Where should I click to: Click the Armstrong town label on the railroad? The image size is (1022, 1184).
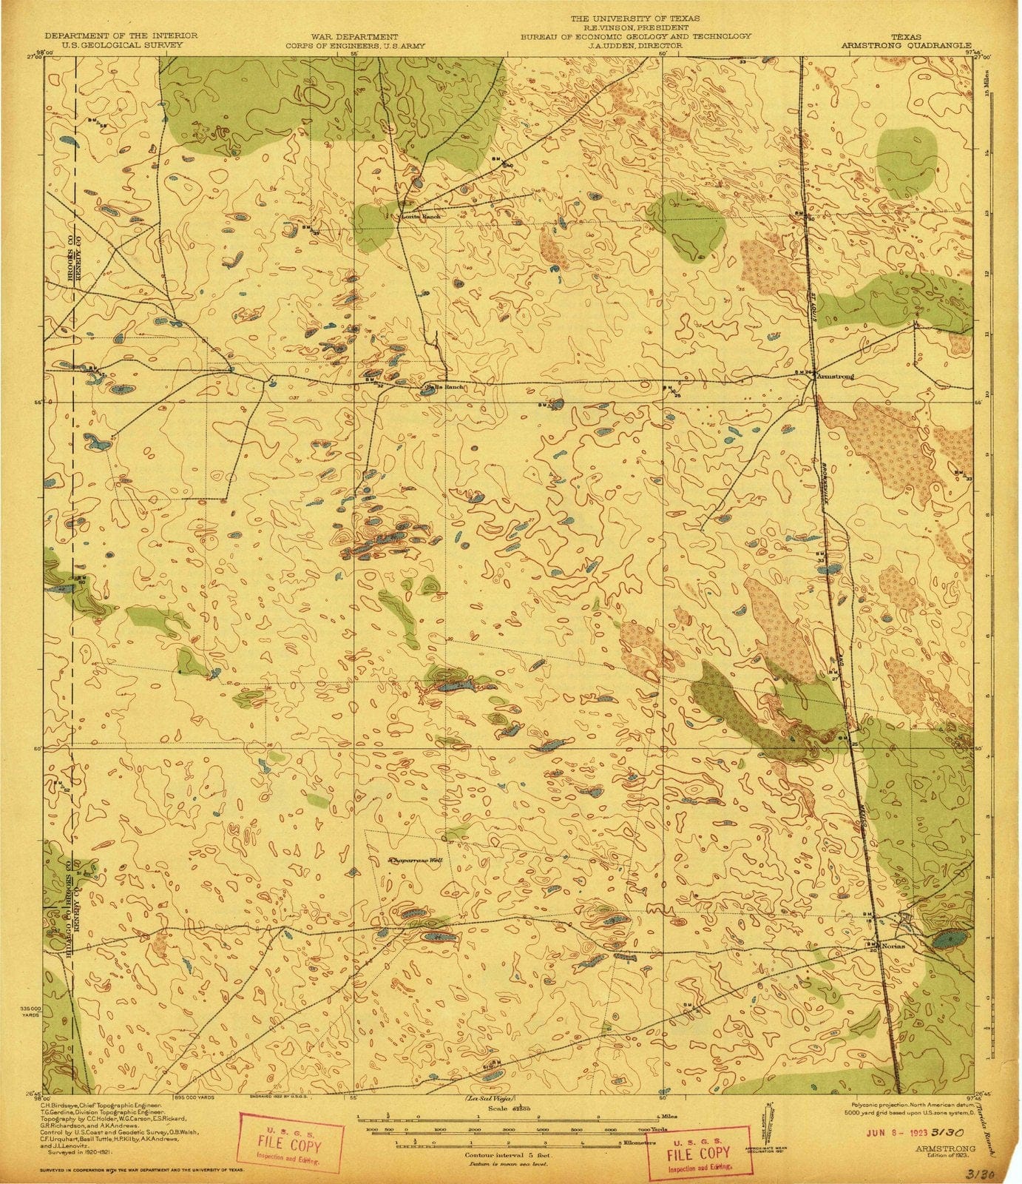[836, 376]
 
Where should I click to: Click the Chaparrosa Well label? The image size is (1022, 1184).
[416, 861]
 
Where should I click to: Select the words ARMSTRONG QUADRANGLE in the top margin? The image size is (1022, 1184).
[906, 45]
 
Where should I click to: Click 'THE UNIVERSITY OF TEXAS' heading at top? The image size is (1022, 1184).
[634, 17]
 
